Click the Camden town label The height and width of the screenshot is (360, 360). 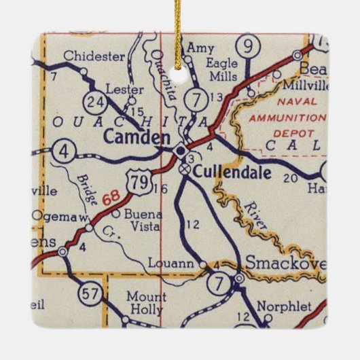[x=137, y=138]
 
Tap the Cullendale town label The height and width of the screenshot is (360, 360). [x=232, y=173]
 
